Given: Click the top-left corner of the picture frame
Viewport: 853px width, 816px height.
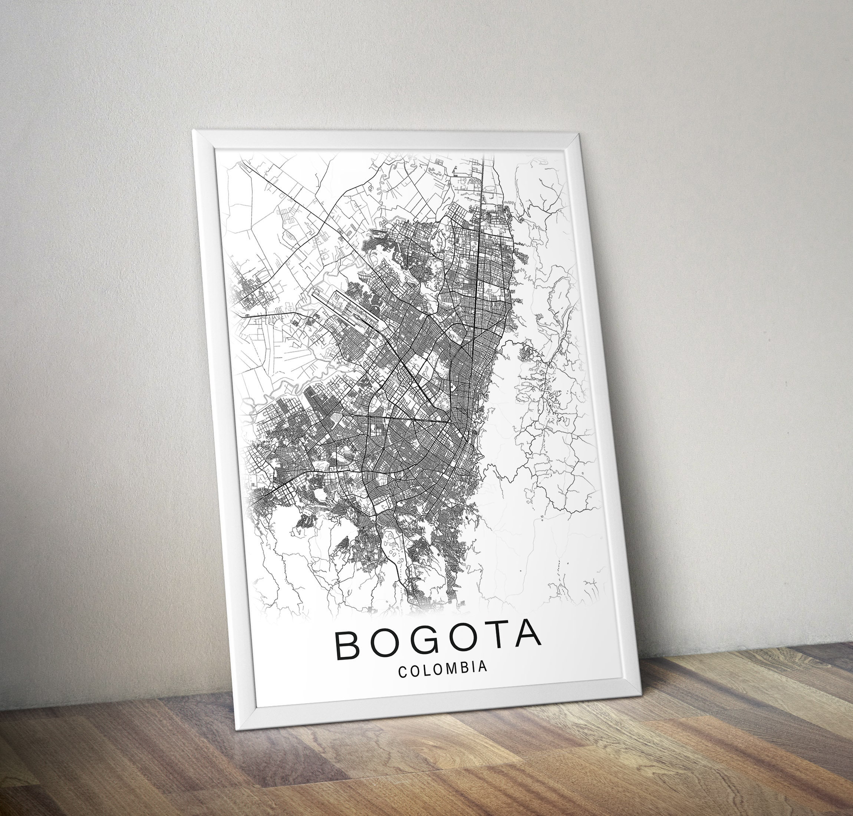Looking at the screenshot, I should pos(194,131).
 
